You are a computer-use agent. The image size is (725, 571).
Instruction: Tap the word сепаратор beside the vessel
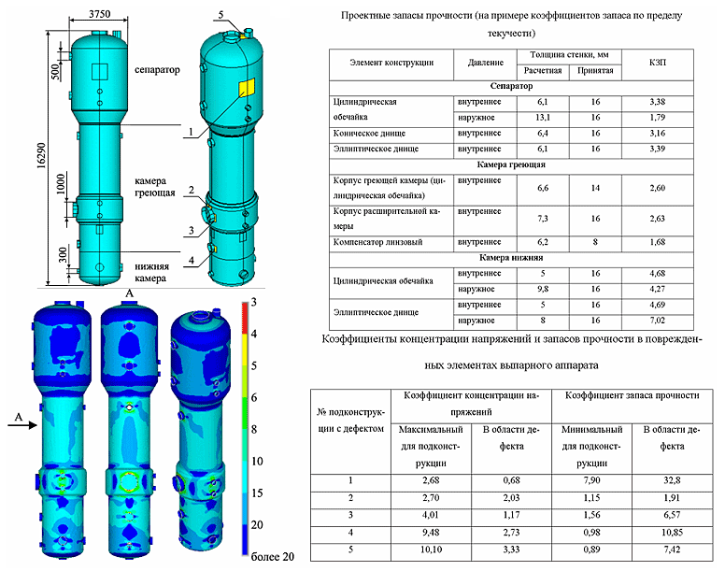156,70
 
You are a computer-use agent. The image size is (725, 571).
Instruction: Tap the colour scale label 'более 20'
271,557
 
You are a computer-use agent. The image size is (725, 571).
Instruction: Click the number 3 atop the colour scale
254,306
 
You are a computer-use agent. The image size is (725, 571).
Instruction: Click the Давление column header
479,63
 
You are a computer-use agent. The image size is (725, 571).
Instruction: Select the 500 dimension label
57,73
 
